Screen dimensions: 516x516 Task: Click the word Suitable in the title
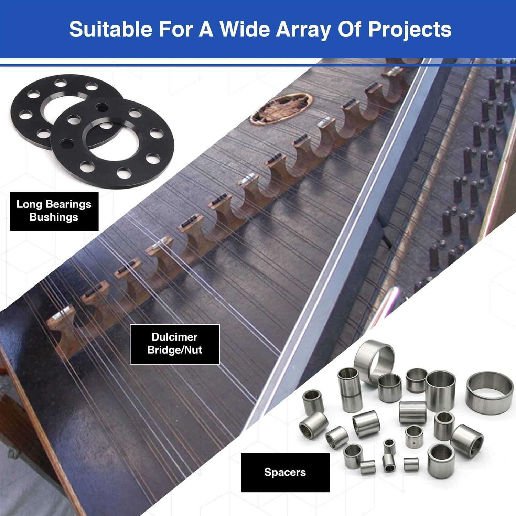click(x=110, y=29)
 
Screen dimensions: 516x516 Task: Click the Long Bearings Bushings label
click(x=54, y=211)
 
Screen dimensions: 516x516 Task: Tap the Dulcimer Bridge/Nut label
click(x=175, y=344)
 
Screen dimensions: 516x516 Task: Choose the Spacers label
click(x=285, y=472)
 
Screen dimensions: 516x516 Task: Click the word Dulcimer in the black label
click(x=174, y=337)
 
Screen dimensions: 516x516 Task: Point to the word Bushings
click(x=54, y=217)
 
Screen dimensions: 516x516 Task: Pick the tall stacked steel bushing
click(x=350, y=389)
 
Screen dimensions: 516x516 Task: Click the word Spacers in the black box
click(x=285, y=473)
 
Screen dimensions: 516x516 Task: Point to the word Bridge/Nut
click(x=175, y=350)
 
